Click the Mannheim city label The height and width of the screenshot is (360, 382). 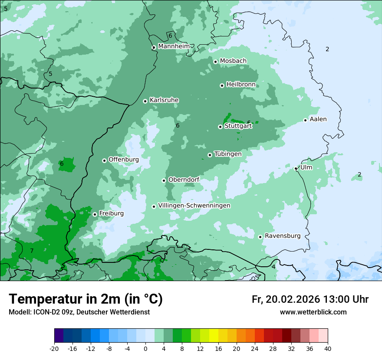[174, 46]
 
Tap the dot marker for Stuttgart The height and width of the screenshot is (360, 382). [220, 127]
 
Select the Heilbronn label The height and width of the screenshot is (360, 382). [241, 84]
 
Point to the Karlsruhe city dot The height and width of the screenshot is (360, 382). [145, 101]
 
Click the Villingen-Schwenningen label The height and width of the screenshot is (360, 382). [194, 205]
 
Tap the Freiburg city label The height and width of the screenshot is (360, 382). [111, 213]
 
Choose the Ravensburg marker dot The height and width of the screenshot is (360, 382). [260, 237]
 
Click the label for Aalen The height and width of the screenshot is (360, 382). [318, 119]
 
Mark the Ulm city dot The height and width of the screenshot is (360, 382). [296, 168]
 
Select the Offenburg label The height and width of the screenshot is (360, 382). [123, 159]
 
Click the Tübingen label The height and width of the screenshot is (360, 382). [227, 154]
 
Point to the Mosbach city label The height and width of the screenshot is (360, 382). [233, 61]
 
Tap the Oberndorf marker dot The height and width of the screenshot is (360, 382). [164, 180]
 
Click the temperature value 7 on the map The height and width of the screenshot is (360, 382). [32, 251]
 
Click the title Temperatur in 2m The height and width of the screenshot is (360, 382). [86, 299]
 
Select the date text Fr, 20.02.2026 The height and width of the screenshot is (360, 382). [286, 299]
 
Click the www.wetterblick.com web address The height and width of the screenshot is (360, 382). [313, 312]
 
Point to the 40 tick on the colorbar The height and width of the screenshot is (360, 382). [328, 348]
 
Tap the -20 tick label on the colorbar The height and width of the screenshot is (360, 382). [54, 348]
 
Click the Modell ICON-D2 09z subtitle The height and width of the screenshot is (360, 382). [79, 312]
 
